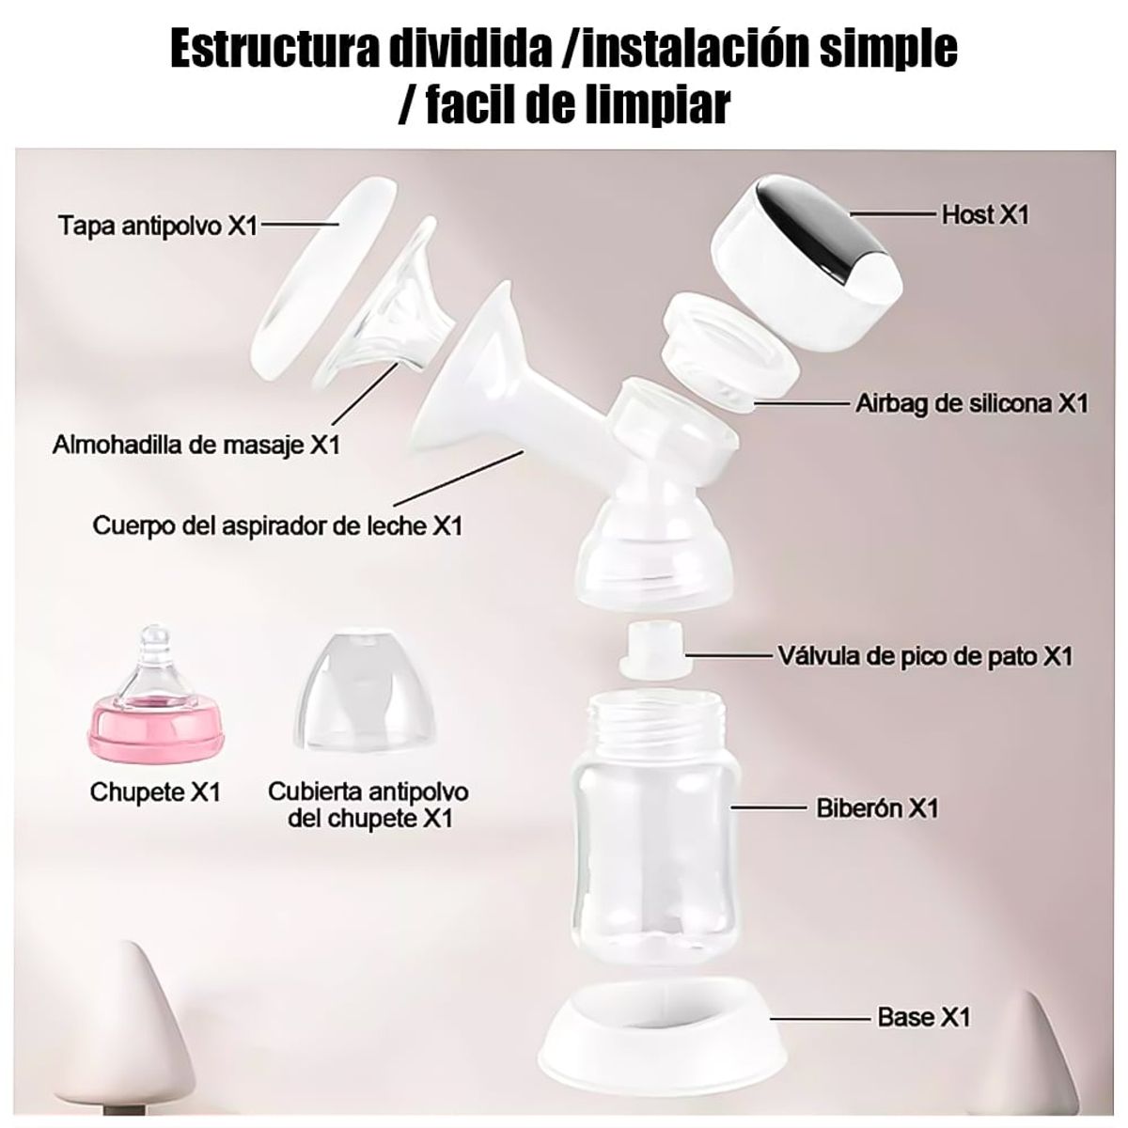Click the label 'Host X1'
point(985,215)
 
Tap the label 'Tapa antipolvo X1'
point(157,227)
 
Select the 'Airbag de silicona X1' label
point(972,404)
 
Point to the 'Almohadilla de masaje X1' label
point(196,444)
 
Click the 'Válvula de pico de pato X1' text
point(925,655)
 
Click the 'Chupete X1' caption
point(154,791)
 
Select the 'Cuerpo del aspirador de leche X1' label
point(277,525)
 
